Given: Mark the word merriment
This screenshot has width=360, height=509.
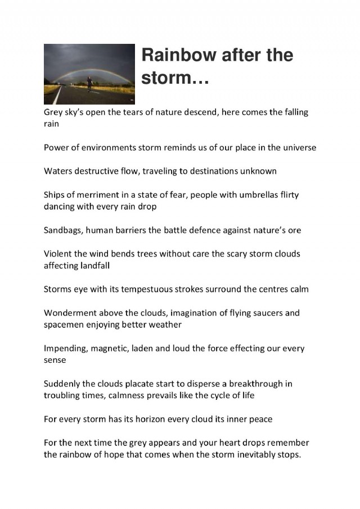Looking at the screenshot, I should pos(93,195).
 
